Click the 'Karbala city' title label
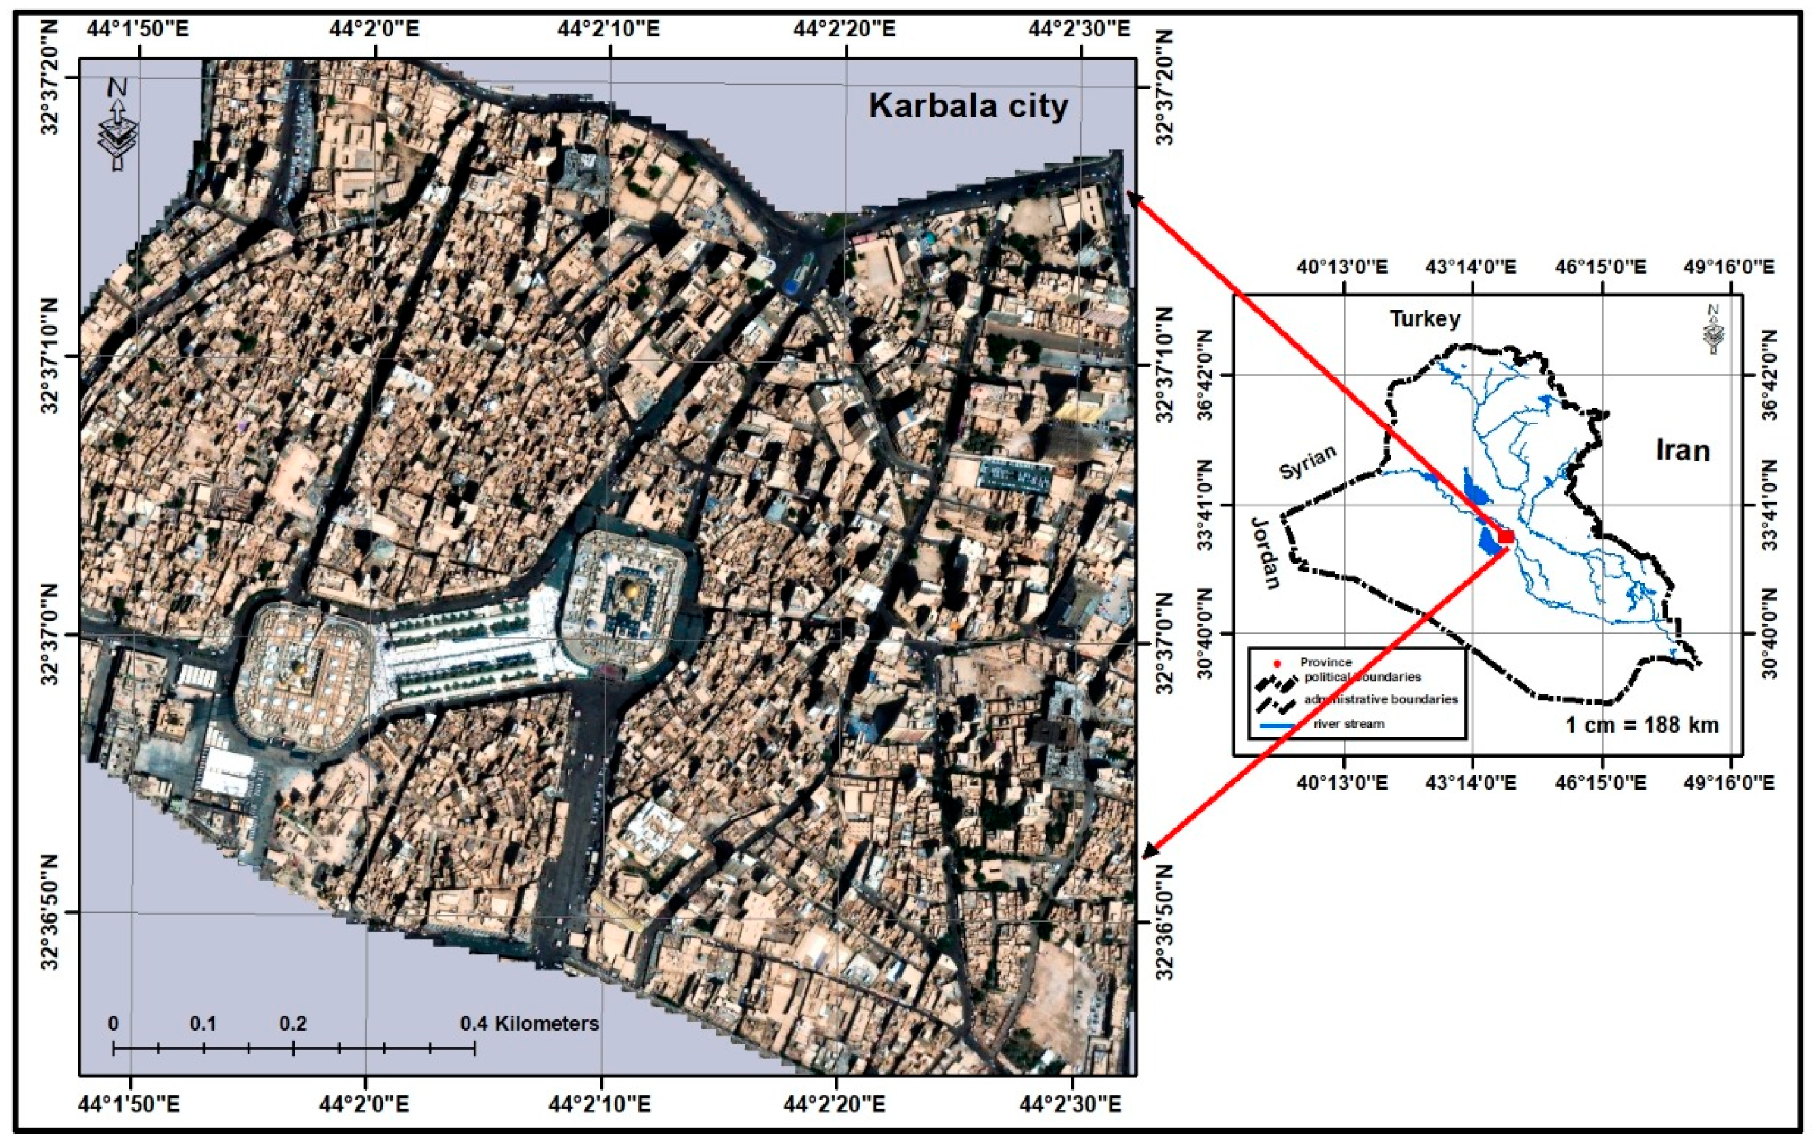968,106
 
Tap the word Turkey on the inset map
1425,318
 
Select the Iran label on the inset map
1683,451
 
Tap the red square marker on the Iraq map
1506,536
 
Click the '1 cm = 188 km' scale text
1642,724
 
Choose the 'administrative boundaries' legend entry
1381,699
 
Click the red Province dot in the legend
1277,664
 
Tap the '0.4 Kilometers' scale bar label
529,1024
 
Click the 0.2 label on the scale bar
293,1024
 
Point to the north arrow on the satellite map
117,124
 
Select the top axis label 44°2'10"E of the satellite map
608,29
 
